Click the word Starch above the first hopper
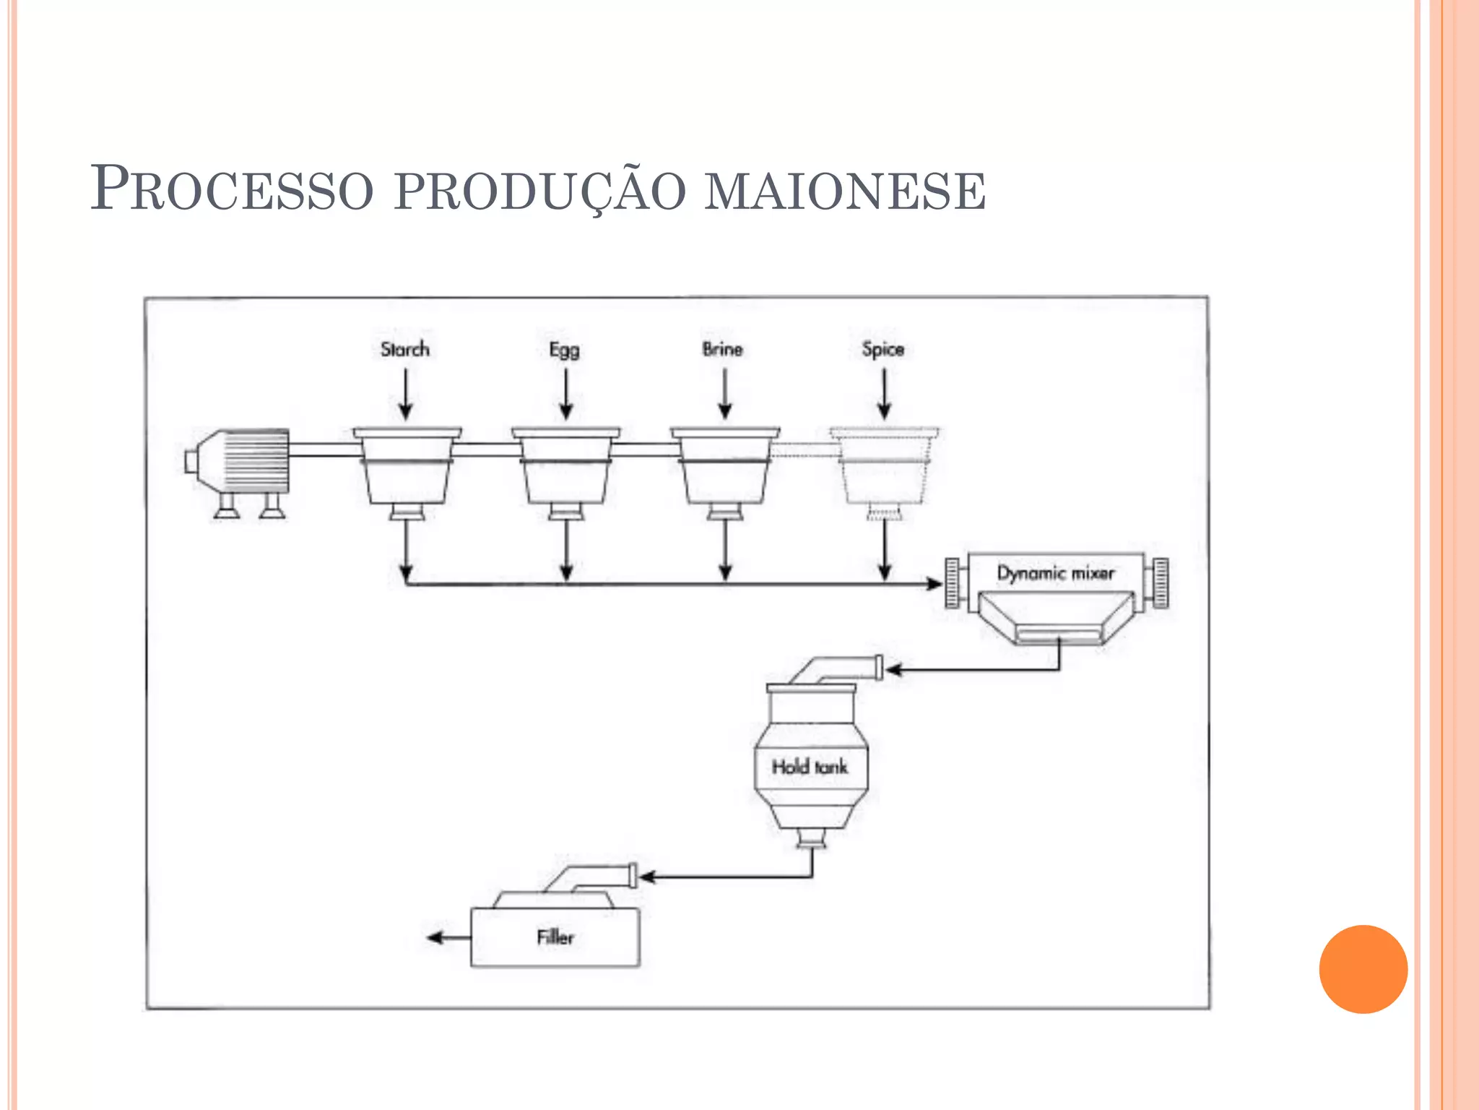tap(404, 349)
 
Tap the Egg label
tap(564, 350)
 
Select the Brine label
tap(722, 349)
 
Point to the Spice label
tap(882, 349)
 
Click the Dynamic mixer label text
tap(1055, 573)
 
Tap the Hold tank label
tap(810, 767)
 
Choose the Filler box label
tap(555, 937)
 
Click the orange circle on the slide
tap(1363, 969)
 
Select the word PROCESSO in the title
tap(232, 189)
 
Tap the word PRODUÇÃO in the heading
tap(539, 192)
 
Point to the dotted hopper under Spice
tap(884, 470)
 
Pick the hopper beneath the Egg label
tap(566, 470)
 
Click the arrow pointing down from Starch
tap(406, 395)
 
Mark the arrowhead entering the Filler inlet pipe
tap(647, 877)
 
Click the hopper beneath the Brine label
tap(725, 470)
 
